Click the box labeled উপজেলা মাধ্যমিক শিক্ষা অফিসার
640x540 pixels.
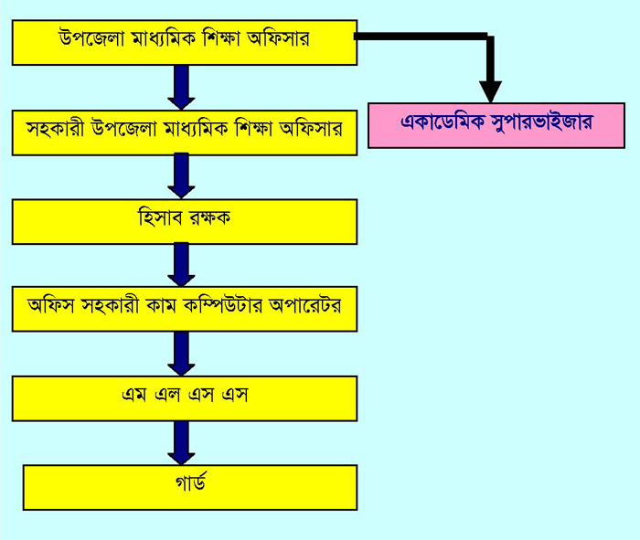184,41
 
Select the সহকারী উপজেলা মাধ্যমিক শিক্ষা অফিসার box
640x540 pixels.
184,132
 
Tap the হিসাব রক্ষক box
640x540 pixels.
184,221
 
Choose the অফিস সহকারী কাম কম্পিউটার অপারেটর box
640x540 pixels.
184,309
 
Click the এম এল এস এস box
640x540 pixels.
184,398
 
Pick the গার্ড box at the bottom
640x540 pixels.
189,487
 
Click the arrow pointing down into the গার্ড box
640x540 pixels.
181,443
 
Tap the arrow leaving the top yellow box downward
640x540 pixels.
181,88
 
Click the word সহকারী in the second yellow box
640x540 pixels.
56,130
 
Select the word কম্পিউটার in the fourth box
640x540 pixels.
241,306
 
